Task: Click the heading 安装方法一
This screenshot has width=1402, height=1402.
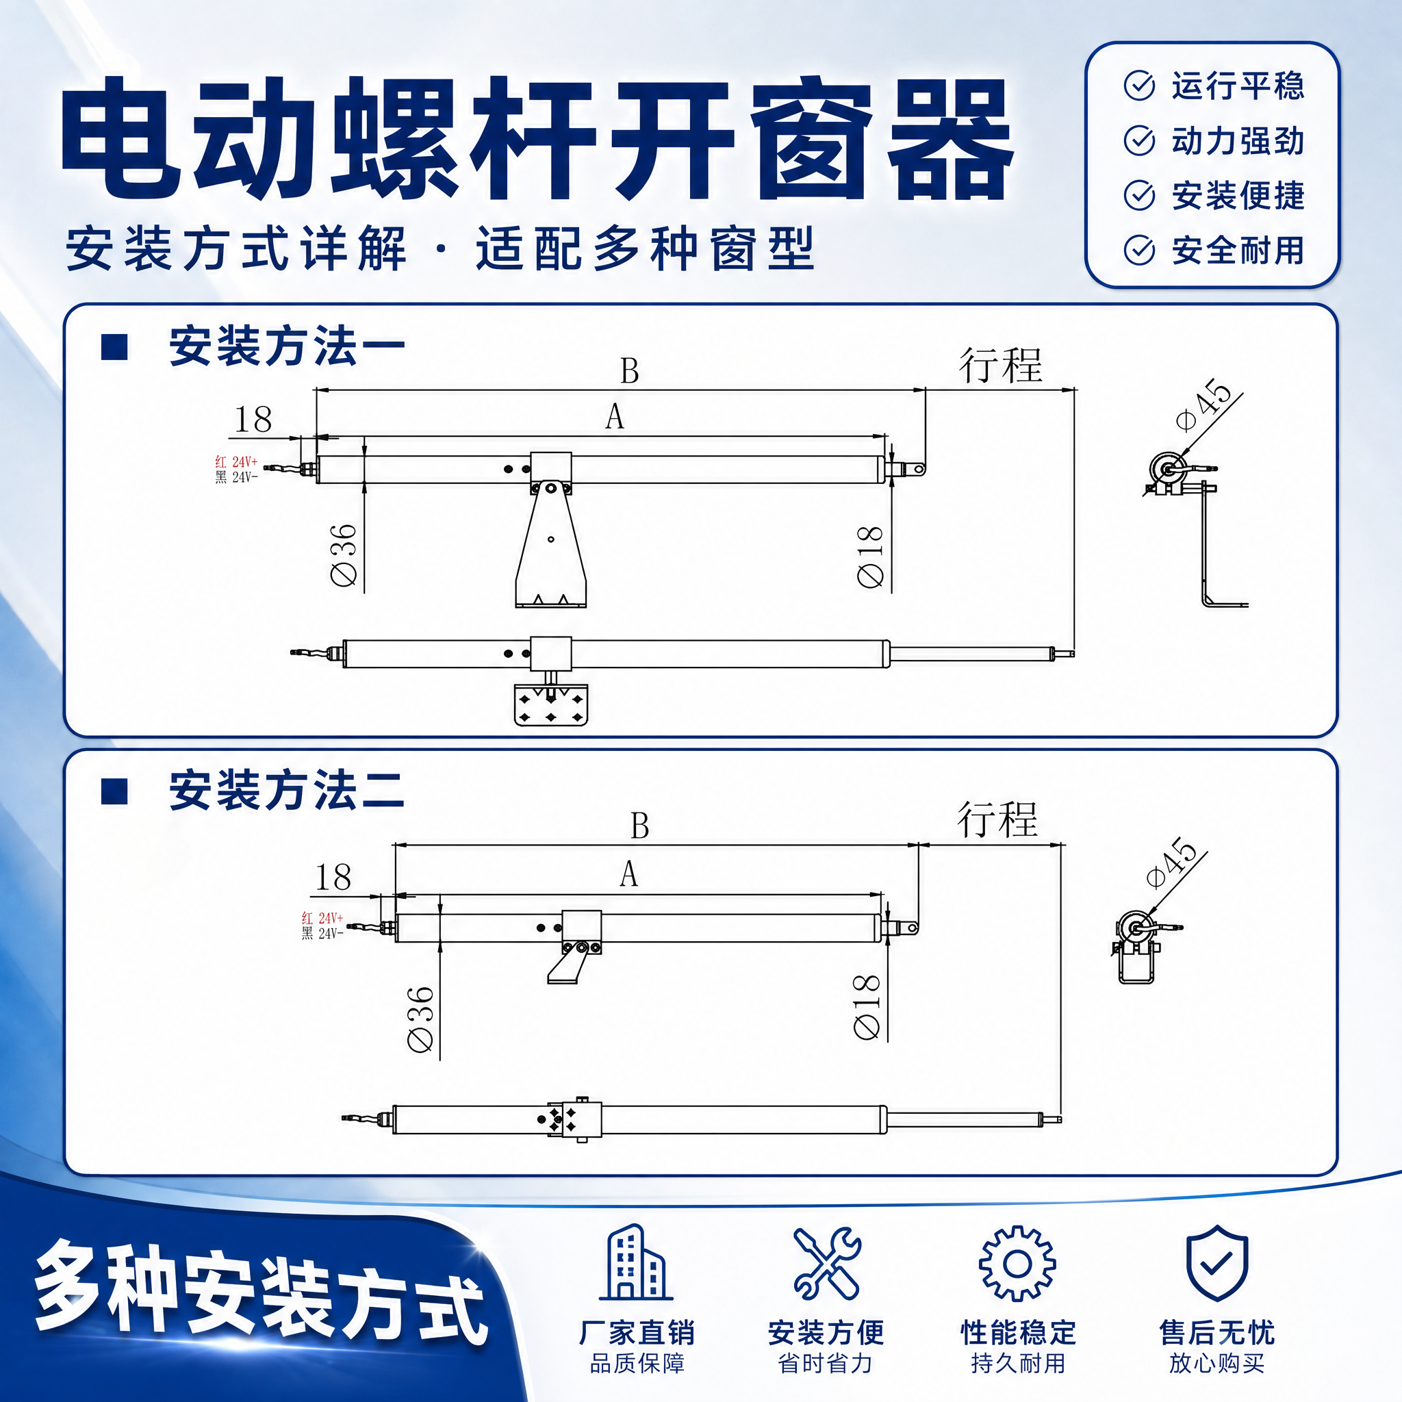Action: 287,346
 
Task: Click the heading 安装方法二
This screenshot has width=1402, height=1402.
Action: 287,790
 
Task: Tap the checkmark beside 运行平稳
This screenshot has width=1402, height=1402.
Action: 1138,86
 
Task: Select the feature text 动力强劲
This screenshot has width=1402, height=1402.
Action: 1238,141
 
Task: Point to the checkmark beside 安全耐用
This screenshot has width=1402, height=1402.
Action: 1138,251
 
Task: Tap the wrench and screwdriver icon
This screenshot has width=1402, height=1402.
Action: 826,1262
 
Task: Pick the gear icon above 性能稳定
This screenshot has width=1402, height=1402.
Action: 1017,1262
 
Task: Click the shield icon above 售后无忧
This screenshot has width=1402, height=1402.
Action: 1217,1262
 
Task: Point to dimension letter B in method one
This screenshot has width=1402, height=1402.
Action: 629,371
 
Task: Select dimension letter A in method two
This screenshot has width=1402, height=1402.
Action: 629,874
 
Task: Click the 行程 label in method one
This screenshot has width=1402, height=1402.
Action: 1001,365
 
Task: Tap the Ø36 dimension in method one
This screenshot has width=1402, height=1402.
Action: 343,555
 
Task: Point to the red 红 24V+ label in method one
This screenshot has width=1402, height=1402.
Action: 237,461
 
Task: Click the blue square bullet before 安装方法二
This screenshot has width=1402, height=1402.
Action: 114,791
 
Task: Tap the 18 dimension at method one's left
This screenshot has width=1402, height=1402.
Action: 253,420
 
